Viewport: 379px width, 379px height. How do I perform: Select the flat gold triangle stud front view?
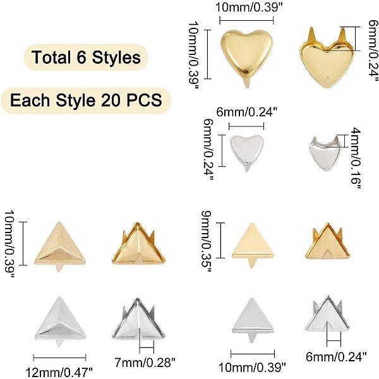pos(252,243)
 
